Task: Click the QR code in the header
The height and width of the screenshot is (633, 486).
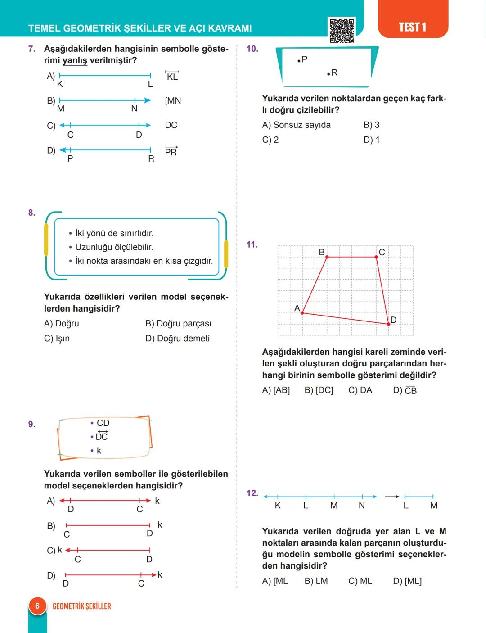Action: [x=342, y=30]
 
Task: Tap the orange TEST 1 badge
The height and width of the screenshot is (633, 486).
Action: [x=412, y=27]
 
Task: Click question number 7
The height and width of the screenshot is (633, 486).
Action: [x=31, y=49]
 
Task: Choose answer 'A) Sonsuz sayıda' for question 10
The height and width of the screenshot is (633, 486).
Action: [x=296, y=125]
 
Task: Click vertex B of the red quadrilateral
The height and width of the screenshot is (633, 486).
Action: [x=327, y=257]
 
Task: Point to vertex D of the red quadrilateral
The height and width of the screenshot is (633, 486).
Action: [x=388, y=324]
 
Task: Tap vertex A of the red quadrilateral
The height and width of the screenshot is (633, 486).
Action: [x=302, y=312]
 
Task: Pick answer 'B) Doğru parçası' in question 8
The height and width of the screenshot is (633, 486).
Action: [x=178, y=323]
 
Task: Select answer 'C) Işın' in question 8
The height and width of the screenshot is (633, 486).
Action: [x=57, y=338]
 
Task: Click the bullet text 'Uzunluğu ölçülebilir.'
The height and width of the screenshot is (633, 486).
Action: [x=114, y=247]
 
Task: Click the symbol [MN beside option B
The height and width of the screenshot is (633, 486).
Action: [x=173, y=101]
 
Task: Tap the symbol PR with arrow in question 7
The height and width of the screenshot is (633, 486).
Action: [x=171, y=151]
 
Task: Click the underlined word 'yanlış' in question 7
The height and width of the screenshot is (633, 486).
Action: [x=75, y=60]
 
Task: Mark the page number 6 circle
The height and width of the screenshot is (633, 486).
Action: [x=37, y=606]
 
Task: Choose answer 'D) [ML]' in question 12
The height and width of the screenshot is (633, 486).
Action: [x=407, y=581]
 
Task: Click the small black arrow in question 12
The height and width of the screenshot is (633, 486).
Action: [x=392, y=497]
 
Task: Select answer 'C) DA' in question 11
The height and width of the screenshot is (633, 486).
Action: [x=360, y=390]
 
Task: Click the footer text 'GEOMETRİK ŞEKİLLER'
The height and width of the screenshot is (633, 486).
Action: [x=82, y=606]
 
